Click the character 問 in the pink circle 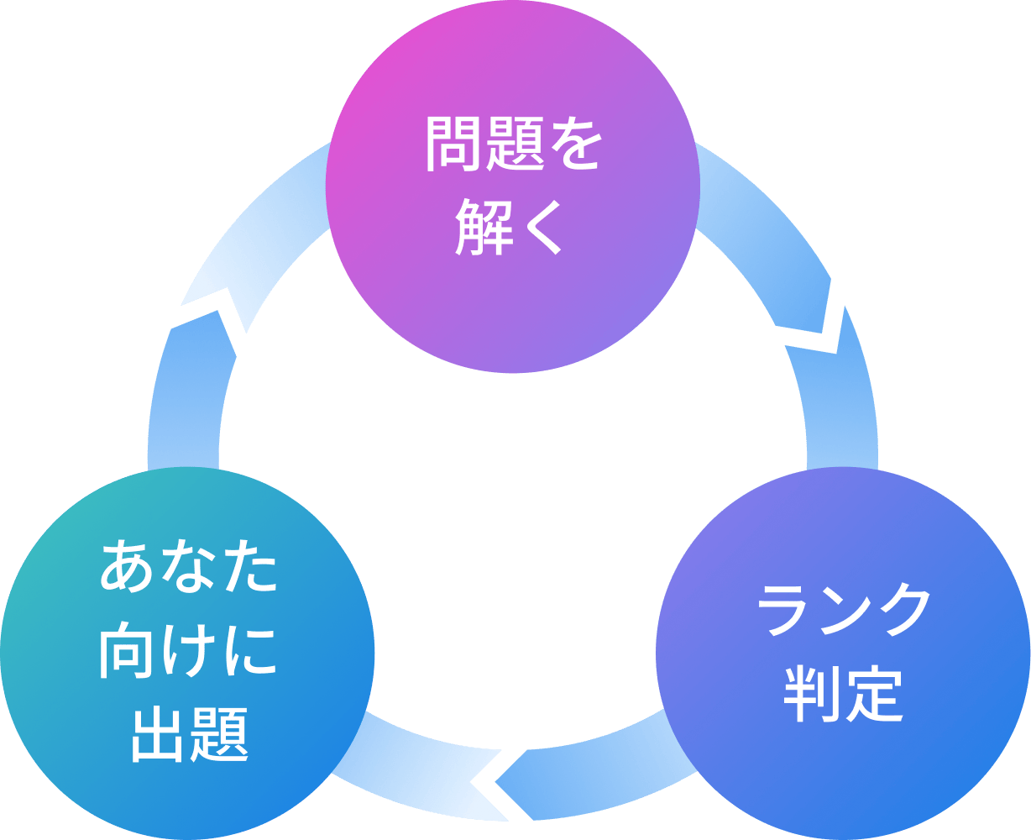click(x=453, y=144)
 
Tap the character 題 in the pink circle click(x=512, y=144)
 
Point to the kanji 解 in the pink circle click(x=483, y=226)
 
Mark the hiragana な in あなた click(x=187, y=570)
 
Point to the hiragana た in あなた click(x=247, y=570)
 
